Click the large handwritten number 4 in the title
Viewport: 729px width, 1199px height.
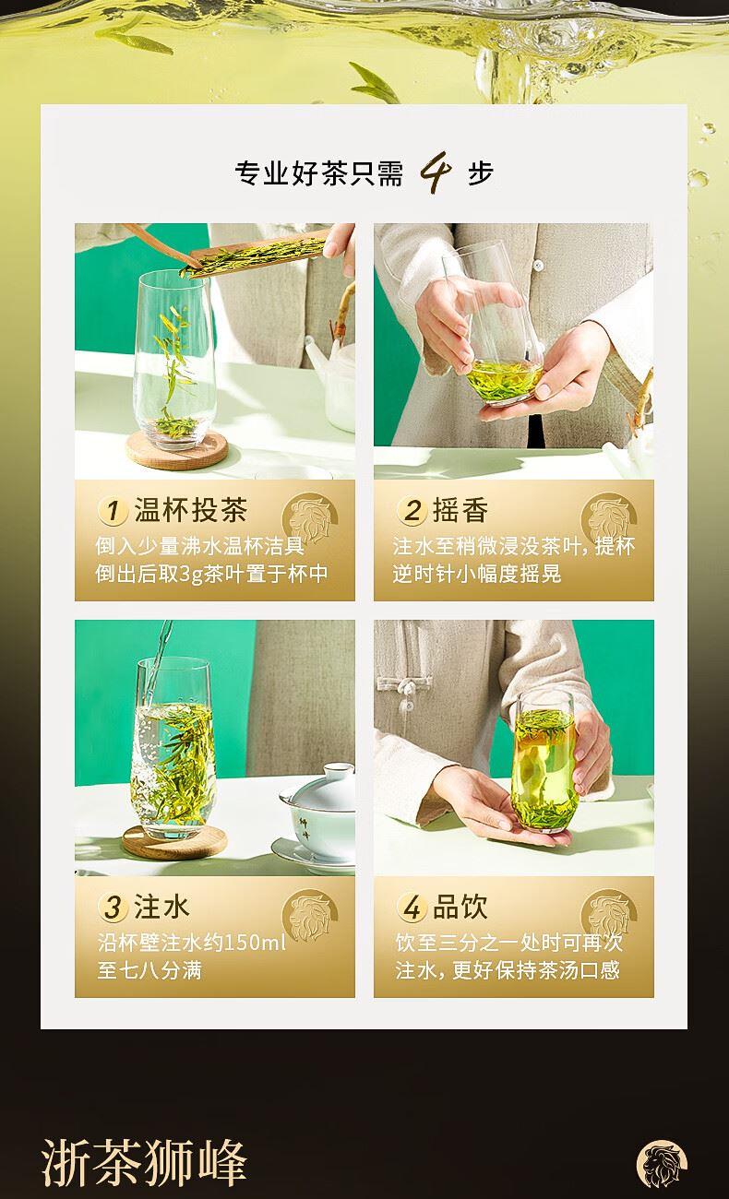tap(436, 172)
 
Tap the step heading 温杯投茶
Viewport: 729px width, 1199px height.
tap(191, 509)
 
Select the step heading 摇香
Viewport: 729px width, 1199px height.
tap(460, 509)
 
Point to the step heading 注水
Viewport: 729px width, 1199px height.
tap(161, 907)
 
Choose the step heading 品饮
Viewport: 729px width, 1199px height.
tap(460, 907)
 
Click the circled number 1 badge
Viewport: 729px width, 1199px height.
tap(113, 511)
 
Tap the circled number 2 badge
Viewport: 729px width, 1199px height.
tap(412, 511)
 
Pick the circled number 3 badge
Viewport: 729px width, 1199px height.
tap(113, 908)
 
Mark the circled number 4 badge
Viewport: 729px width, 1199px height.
tap(412, 908)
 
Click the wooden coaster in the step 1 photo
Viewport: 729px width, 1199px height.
tap(177, 451)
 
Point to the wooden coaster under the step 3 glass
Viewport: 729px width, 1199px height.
tap(174, 842)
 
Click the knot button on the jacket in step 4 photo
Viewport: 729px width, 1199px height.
tap(407, 687)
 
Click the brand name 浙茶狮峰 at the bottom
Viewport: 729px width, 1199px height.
tap(144, 1161)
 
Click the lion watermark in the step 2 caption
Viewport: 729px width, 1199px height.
tap(609, 520)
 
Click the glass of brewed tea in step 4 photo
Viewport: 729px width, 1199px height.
tap(544, 761)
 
